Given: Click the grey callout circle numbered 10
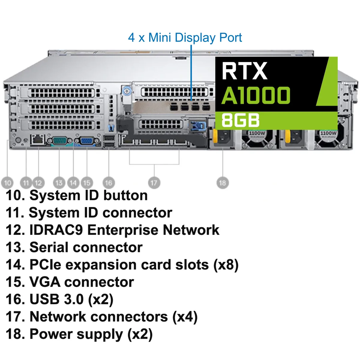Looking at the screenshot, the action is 7,182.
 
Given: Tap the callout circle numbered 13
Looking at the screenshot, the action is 59,182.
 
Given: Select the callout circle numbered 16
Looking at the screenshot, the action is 109,182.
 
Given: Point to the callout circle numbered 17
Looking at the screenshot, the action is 154,182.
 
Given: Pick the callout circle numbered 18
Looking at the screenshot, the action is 223,182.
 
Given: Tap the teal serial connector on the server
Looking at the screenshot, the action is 60,140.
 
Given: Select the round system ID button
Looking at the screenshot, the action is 18,139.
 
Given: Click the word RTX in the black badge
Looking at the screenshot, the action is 244,71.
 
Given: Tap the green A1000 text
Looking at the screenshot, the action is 256,95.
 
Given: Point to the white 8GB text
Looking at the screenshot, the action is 240,121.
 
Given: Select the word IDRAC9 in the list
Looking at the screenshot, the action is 56,230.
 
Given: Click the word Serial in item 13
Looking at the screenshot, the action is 49,247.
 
